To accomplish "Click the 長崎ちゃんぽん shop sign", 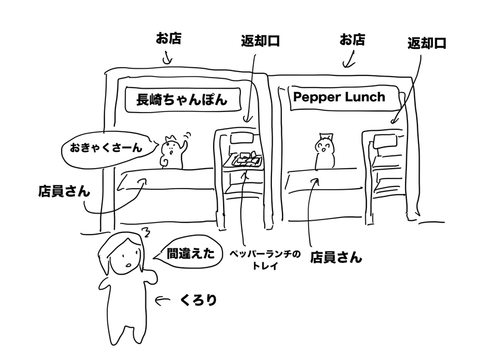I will [x=182, y=100].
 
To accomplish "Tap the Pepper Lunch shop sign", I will [x=339, y=97].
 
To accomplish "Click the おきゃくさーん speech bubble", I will [x=105, y=148].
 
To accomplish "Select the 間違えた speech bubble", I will [x=190, y=254].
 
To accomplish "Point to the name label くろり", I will [x=198, y=300].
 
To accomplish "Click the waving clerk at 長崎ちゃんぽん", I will [x=170, y=152].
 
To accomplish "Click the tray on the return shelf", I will [x=245, y=160].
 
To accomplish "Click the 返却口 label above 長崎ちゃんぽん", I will [x=259, y=42].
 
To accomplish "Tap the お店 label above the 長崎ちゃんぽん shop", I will [x=168, y=39].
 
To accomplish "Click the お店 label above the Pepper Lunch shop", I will [x=352, y=40].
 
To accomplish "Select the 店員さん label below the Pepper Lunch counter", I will [x=335, y=257].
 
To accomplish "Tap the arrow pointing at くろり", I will [x=162, y=301].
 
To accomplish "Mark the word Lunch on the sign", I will [x=364, y=97].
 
